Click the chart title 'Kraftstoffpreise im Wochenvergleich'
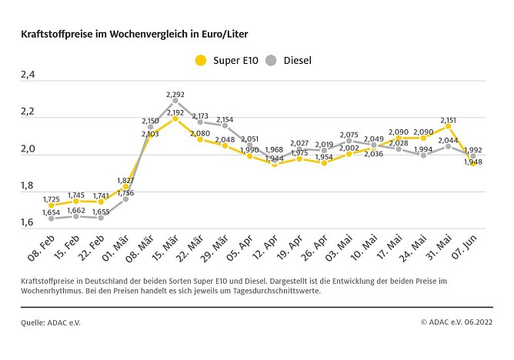[x=135, y=35]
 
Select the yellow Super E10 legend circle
[x=202, y=60]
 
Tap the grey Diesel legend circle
[x=271, y=60]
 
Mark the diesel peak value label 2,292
[x=175, y=95]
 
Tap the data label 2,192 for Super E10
[x=175, y=112]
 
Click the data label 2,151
[x=449, y=119]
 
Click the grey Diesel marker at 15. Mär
[x=175, y=101]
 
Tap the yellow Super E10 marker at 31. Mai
[x=448, y=126]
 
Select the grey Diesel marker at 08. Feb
[x=51, y=218]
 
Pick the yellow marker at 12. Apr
[x=275, y=164]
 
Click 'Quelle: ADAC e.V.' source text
[x=51, y=322]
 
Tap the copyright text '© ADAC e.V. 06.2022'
[x=456, y=322]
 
